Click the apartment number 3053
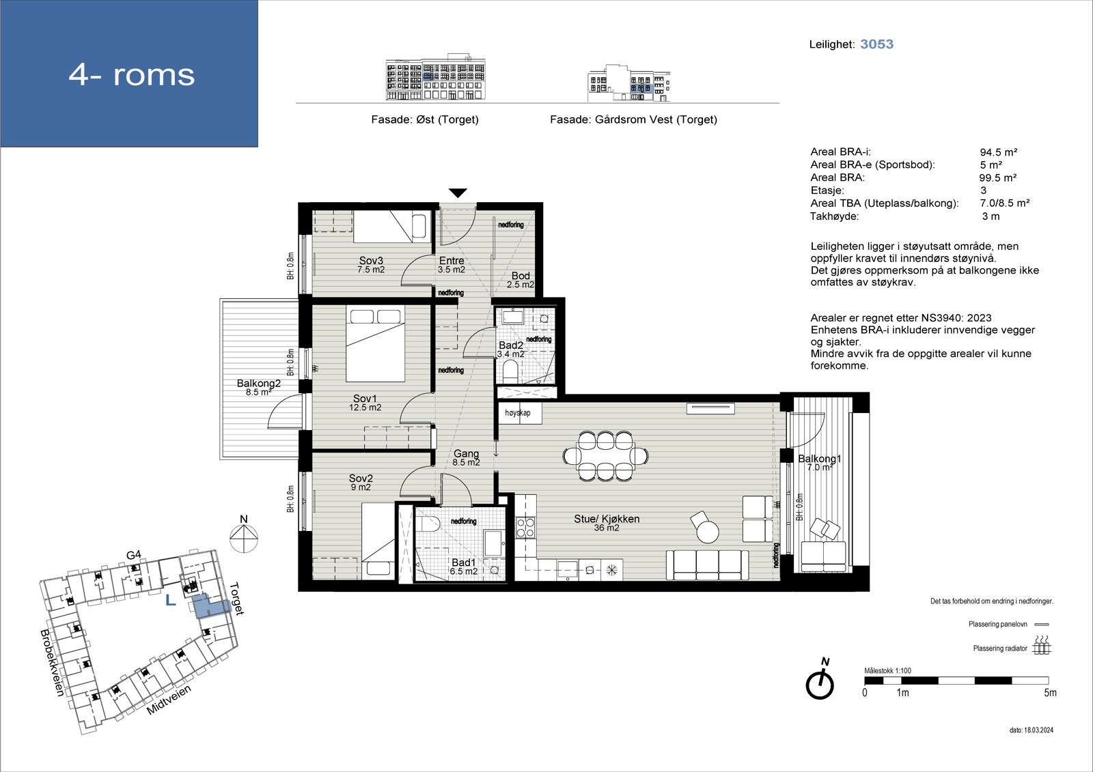(876, 44)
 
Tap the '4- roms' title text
(132, 74)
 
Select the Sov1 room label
(365, 399)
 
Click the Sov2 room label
(361, 478)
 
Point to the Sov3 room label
(371, 261)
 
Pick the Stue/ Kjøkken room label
(607, 519)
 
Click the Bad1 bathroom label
(463, 562)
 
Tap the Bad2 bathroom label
(510, 345)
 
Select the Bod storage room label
(520, 276)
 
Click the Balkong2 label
(259, 384)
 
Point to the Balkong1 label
(820, 459)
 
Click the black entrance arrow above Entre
(458, 193)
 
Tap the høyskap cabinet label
(517, 412)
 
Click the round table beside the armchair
(708, 532)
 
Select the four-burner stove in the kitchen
(525, 528)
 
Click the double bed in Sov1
(375, 343)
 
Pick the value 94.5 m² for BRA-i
(998, 152)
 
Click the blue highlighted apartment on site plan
(209, 606)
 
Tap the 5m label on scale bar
(1050, 693)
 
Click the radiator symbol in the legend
(1042, 645)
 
